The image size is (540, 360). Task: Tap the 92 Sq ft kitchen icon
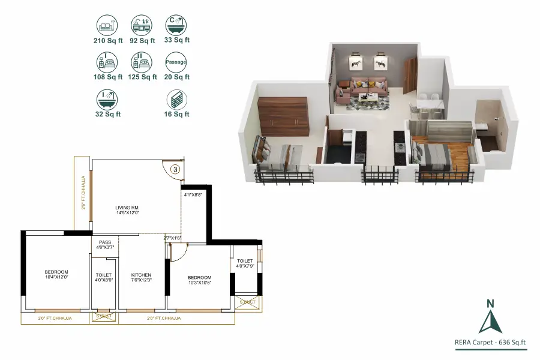[142, 26]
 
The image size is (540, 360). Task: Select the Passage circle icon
[176, 62]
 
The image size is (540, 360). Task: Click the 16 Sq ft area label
[176, 114]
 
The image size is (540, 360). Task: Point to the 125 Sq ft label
[143, 77]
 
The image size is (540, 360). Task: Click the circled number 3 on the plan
[175, 169]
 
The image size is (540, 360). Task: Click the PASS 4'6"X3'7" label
[105, 244]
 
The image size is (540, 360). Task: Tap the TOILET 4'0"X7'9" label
[245, 263]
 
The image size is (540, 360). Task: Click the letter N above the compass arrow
[490, 303]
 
